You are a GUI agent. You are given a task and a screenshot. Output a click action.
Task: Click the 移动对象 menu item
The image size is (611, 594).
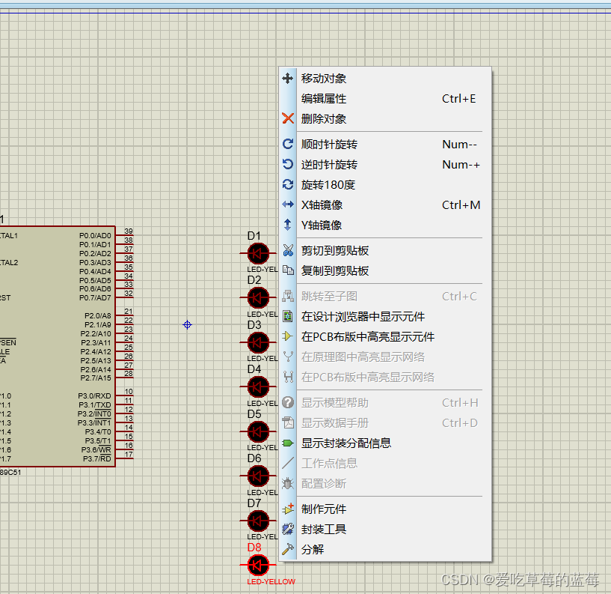click(x=324, y=79)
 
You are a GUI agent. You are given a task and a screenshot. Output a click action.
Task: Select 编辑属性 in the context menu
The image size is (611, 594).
click(x=324, y=99)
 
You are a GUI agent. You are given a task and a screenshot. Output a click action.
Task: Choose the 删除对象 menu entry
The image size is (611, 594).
click(x=324, y=119)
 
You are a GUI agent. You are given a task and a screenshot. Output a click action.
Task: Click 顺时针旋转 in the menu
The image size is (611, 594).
click(x=329, y=145)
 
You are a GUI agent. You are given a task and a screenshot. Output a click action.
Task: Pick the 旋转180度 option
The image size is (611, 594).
click(x=328, y=185)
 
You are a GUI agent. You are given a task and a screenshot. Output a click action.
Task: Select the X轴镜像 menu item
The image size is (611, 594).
click(x=322, y=205)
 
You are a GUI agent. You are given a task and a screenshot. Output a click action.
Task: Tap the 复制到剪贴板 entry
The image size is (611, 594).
click(x=335, y=271)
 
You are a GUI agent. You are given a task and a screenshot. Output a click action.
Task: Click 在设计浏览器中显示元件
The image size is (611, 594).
click(x=363, y=317)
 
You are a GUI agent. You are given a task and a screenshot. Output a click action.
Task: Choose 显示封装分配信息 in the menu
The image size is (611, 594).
click(x=346, y=443)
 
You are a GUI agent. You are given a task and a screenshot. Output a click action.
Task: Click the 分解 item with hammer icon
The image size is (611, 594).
click(x=313, y=550)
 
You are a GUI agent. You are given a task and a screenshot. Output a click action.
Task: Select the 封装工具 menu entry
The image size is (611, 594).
click(x=324, y=530)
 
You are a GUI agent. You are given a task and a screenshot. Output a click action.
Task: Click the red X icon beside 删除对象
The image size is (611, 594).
click(x=288, y=118)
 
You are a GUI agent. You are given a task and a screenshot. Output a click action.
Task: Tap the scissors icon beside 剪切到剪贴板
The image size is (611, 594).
click(x=288, y=250)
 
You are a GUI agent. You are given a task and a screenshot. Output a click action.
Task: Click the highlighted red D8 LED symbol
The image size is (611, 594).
click(x=258, y=565)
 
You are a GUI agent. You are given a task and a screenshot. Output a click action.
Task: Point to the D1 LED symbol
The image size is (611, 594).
click(x=258, y=253)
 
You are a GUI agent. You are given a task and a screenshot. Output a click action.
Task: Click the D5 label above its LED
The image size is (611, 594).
click(x=254, y=414)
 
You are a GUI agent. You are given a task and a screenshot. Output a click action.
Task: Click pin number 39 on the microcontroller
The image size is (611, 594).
click(x=129, y=231)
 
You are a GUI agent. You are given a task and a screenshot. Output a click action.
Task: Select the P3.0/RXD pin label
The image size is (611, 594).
click(x=95, y=396)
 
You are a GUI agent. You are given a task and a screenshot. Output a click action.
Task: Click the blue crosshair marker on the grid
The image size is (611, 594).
click(x=187, y=324)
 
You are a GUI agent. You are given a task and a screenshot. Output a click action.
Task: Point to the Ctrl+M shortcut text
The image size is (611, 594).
click(x=461, y=205)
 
